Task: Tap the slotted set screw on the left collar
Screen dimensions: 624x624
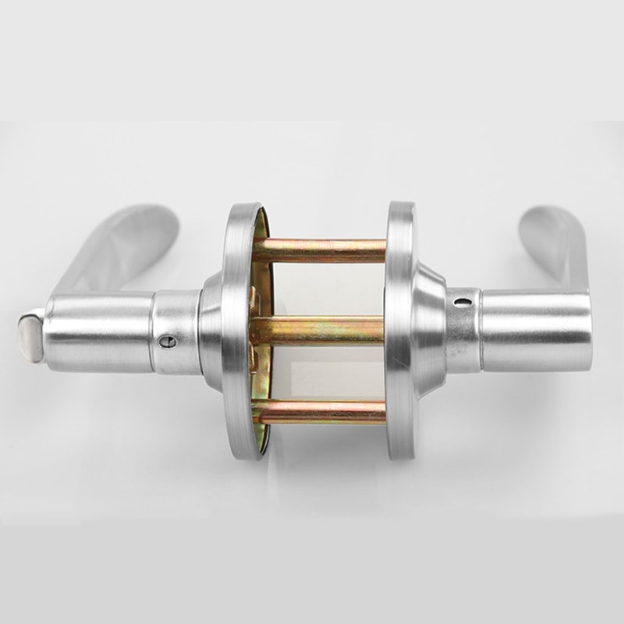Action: click(x=163, y=341)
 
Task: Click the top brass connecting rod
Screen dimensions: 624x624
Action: click(x=320, y=250)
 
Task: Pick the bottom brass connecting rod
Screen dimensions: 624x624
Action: click(x=320, y=412)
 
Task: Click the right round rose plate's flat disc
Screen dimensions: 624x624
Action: click(x=399, y=328)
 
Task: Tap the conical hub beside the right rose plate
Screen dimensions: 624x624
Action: click(x=427, y=328)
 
